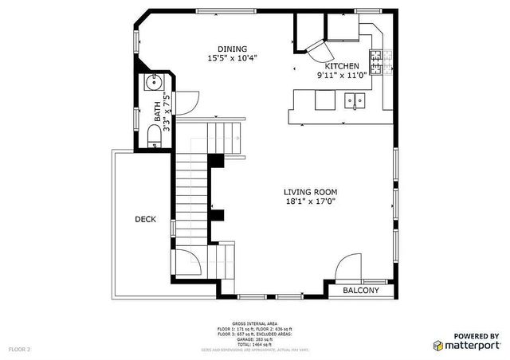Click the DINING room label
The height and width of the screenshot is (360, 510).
pos(233,49)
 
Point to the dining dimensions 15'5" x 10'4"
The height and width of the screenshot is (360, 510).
pos(233,58)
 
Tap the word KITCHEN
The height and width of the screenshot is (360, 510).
pos(341,66)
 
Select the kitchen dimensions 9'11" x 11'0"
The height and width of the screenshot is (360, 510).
pos(341,76)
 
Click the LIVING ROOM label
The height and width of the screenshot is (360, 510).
pos(312,192)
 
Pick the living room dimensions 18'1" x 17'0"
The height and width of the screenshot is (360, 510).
pos(312,202)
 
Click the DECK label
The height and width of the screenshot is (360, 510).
pos(145,219)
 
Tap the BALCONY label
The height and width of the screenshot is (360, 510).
pos(361,291)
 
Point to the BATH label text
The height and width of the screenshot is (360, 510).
pos(157,112)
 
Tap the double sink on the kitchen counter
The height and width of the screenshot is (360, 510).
pos(355,100)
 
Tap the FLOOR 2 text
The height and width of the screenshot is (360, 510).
pos(19,349)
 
